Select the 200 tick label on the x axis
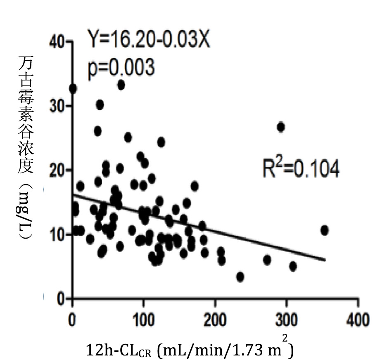coord(215,320)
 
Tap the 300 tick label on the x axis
coord(286,320)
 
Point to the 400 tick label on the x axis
coord(358,320)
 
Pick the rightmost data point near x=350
coord(324,230)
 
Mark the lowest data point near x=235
coord(240,277)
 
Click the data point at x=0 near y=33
coord(73,89)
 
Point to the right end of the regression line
coord(325,260)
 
